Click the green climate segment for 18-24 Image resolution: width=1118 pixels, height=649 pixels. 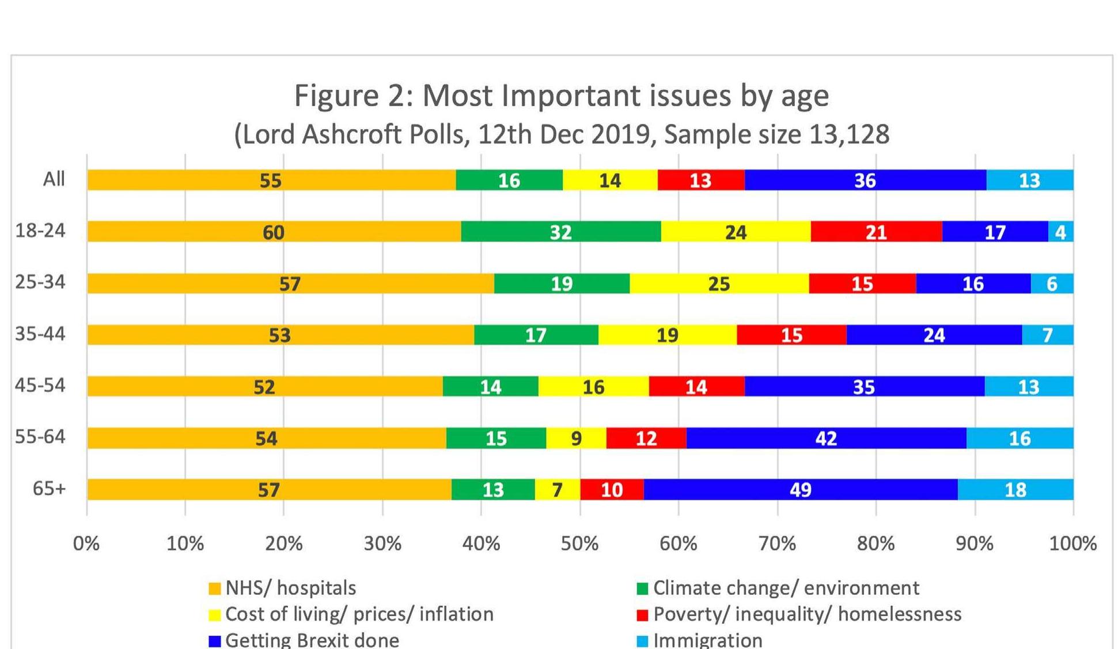(x=560, y=232)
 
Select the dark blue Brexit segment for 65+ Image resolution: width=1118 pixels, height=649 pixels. (x=800, y=489)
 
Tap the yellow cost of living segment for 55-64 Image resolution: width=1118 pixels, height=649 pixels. (x=575, y=438)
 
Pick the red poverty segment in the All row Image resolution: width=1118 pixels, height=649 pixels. (x=700, y=180)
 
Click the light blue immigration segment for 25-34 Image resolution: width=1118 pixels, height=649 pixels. (x=1052, y=284)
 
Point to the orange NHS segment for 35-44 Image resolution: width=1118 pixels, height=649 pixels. (x=280, y=335)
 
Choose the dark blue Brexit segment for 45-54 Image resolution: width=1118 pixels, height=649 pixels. (x=864, y=386)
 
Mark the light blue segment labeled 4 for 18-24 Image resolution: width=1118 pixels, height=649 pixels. (x=1060, y=232)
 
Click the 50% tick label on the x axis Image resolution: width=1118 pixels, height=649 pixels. (x=579, y=544)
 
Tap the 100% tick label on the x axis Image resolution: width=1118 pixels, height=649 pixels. (x=1072, y=544)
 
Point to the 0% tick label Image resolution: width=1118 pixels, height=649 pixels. (x=86, y=544)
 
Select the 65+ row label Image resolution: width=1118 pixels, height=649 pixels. (x=49, y=488)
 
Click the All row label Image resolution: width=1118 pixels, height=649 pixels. (x=54, y=179)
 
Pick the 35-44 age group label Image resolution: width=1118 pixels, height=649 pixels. (x=40, y=334)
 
